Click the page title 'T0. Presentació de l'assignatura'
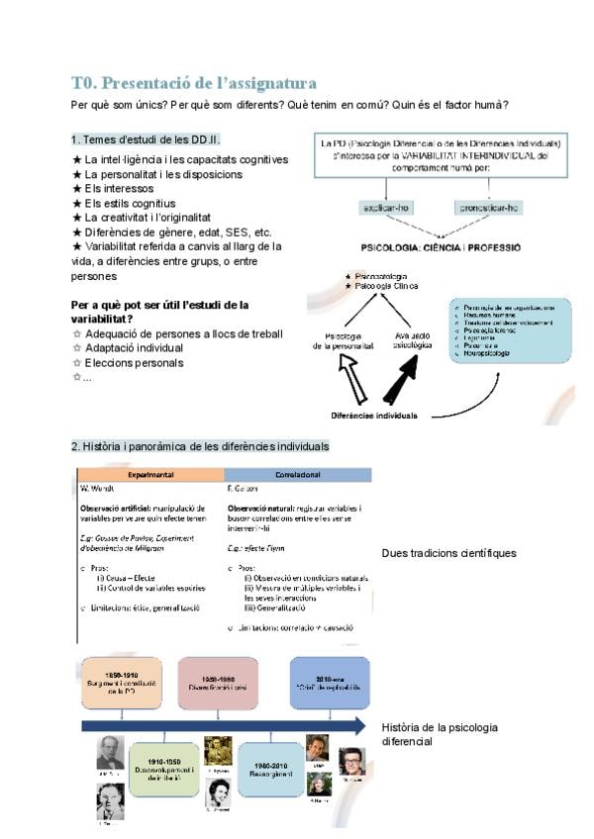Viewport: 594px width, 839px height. coord(194,83)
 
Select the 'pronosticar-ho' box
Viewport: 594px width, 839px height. coord(488,208)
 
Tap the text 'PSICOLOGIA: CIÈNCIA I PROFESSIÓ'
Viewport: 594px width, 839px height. coord(441,247)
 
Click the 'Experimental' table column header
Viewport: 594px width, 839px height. coord(150,474)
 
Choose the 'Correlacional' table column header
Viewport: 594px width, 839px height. coord(298,474)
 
